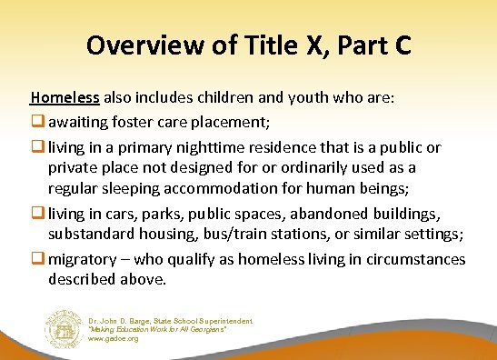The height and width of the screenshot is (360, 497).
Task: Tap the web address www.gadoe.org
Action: click(112, 338)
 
